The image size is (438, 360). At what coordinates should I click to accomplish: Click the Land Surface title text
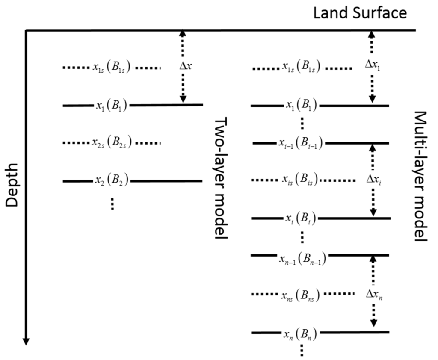tap(360, 13)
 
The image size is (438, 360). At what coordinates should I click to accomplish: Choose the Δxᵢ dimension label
tap(374, 180)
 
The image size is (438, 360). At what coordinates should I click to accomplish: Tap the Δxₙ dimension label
tap(374, 294)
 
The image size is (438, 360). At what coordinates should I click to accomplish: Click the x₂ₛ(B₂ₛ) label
tap(111, 143)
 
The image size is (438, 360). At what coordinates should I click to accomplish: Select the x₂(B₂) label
tap(111, 181)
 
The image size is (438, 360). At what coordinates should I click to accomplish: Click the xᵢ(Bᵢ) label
tap(301, 218)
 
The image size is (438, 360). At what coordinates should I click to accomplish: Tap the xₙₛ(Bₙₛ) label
tap(302, 295)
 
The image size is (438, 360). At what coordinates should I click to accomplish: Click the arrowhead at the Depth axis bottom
tap(26, 340)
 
